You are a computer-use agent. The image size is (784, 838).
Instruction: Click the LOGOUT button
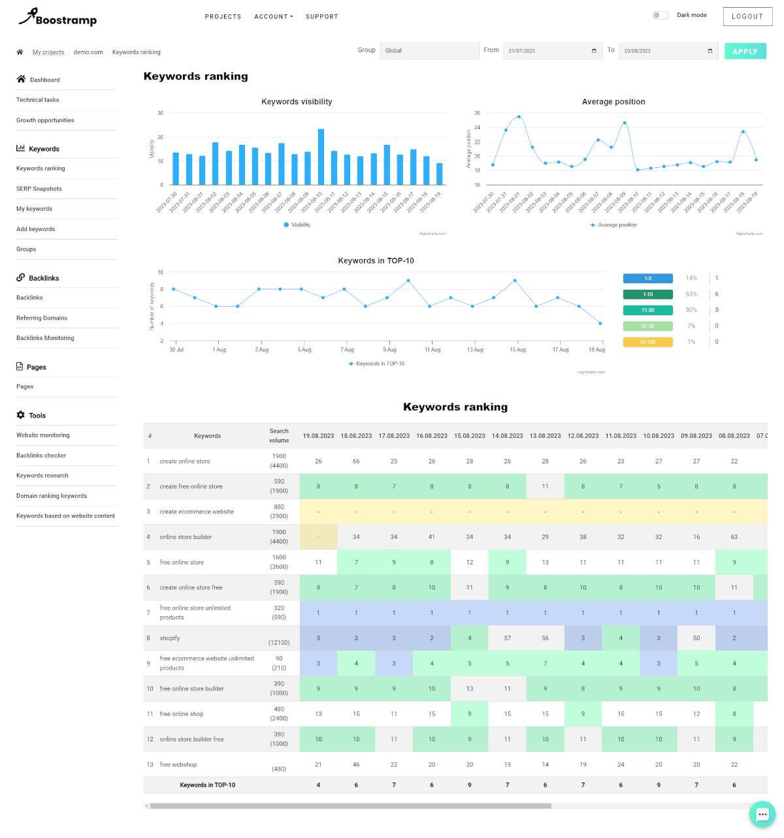click(747, 16)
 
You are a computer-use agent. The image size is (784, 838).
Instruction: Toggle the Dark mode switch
click(661, 15)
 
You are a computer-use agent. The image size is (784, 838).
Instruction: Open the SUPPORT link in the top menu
click(321, 17)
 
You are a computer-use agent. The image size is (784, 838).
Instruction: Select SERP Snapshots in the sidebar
click(39, 189)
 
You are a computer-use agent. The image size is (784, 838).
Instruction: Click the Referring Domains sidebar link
click(42, 318)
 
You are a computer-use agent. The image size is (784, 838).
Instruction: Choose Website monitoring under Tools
click(43, 435)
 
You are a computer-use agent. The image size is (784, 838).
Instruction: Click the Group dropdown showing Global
click(429, 51)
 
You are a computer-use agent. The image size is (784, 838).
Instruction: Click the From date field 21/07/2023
click(552, 51)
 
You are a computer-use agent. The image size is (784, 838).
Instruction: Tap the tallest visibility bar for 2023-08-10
click(321, 157)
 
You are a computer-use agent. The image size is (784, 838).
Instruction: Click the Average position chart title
click(613, 102)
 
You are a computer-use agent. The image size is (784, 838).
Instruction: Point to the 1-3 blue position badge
click(647, 279)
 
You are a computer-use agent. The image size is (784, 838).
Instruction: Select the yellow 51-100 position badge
click(647, 342)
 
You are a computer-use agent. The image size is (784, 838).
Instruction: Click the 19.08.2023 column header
click(318, 436)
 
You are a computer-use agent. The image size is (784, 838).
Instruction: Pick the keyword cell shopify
click(170, 638)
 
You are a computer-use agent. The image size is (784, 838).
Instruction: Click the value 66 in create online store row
click(356, 461)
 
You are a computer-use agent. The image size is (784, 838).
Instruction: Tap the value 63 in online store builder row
click(734, 537)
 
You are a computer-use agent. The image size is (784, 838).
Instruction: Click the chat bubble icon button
click(762, 814)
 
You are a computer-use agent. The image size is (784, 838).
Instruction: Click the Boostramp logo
click(58, 18)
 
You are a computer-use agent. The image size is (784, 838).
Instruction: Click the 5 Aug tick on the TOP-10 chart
click(304, 350)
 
